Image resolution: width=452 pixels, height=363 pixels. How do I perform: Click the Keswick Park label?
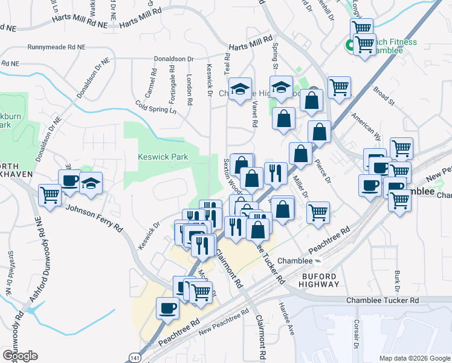(163, 157)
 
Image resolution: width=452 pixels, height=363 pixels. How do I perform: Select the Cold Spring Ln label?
(155, 103)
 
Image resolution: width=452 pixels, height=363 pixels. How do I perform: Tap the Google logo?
(20, 356)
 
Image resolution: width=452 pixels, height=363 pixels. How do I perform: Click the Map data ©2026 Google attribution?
(414, 358)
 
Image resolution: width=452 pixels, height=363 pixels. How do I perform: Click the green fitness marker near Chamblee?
(349, 45)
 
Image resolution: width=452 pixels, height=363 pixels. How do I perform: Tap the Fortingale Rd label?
(172, 85)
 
